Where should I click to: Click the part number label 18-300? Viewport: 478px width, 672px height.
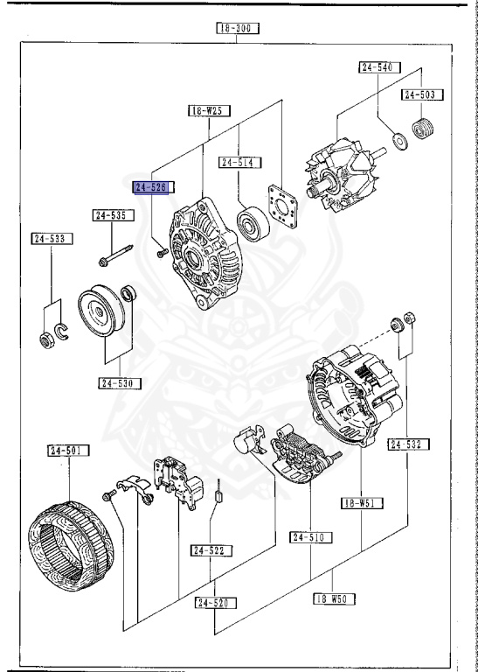(x=239, y=28)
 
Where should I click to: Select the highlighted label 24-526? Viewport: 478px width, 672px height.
(x=154, y=187)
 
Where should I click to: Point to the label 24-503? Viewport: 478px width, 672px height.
(x=421, y=94)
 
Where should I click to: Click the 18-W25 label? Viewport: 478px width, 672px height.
(x=207, y=111)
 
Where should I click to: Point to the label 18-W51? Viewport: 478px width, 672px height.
(x=361, y=503)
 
